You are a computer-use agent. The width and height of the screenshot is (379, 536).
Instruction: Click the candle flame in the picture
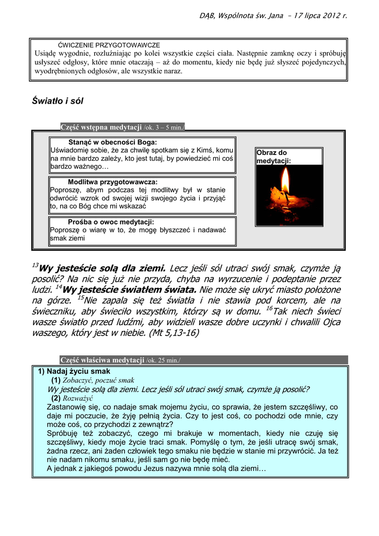pyautogui.click(x=285, y=181)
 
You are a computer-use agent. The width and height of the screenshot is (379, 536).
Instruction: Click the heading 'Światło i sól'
pyautogui.click(x=58, y=100)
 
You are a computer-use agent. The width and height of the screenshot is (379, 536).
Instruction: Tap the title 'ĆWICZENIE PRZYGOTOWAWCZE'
pyautogui.click(x=109, y=46)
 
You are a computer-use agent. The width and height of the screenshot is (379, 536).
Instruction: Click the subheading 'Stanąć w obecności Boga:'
pyautogui.click(x=112, y=142)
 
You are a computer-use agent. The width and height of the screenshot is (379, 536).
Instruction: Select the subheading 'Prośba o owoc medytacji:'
pyautogui.click(x=111, y=221)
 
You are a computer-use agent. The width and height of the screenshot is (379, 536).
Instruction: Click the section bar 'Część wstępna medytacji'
pyautogui.click(x=101, y=127)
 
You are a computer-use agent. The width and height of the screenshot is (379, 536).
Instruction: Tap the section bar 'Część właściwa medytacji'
pyautogui.click(x=102, y=360)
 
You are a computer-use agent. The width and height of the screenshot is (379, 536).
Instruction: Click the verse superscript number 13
pyautogui.click(x=36, y=264)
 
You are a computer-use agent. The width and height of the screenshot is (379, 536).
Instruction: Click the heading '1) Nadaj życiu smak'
pyautogui.click(x=74, y=371)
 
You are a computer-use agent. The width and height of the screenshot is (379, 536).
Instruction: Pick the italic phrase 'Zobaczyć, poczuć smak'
pyautogui.click(x=98, y=380)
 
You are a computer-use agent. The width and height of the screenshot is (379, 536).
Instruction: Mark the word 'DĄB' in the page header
pyautogui.click(x=207, y=16)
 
